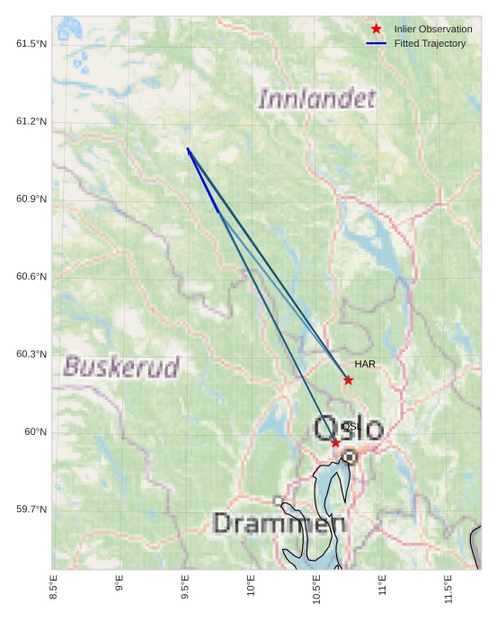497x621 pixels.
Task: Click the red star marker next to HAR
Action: point(348,380)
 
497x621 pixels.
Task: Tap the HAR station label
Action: point(364,364)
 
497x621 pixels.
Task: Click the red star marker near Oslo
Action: point(335,443)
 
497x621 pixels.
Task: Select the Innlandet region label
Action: point(316,98)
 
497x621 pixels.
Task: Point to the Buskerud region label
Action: point(121,367)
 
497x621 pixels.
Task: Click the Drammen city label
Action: point(280,523)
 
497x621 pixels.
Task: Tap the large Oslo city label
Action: point(348,429)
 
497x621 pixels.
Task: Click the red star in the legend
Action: point(376,29)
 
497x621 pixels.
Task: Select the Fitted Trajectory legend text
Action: point(430,43)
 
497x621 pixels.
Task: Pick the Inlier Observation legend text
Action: point(432,29)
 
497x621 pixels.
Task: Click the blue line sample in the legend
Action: point(376,43)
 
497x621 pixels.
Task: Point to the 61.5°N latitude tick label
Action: point(31,44)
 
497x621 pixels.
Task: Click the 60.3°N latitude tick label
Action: point(31,354)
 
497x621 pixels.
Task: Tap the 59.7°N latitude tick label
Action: point(31,510)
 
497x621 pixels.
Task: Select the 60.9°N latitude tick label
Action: point(31,199)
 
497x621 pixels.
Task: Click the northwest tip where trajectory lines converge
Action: point(188,149)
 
